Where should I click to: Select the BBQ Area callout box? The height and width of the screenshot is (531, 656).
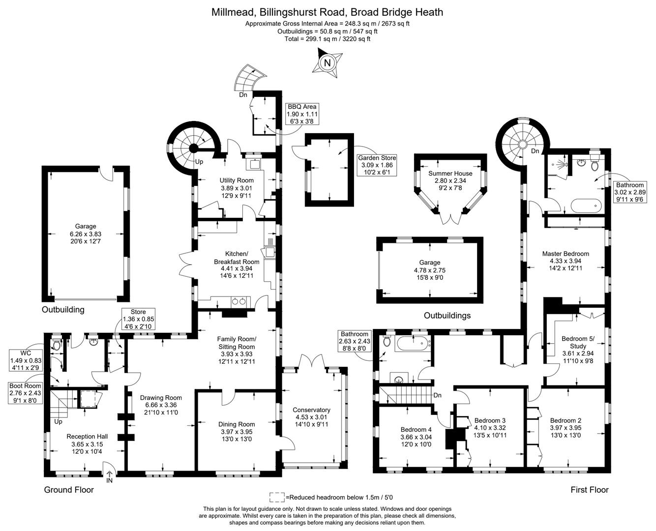pos(302,114)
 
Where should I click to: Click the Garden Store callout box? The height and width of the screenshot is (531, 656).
pos(377,165)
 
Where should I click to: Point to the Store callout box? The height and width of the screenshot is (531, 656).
pos(138,319)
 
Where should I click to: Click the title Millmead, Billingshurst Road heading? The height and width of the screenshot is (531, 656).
pos(327,12)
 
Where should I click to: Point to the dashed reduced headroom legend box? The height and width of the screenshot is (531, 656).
pos(277,497)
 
